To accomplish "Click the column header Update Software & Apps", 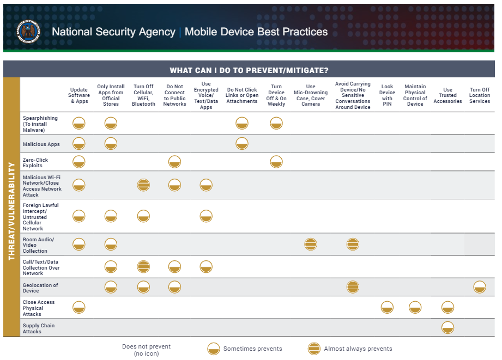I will coord(79,95).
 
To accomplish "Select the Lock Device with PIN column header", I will coord(387,95).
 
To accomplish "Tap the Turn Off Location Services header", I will coord(480,95).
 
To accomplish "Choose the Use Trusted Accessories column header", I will coord(447,95).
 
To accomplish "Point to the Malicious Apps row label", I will coord(41,144).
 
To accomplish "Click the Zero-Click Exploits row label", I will coord(35,162).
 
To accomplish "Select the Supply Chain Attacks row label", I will coord(39,328).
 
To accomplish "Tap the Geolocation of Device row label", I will coord(40,288).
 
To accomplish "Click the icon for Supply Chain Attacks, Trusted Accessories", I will coord(447,328).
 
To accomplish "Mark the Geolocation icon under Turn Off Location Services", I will coord(480,287).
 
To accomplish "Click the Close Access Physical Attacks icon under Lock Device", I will coord(387,308).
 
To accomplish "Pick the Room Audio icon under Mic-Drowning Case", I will coord(311,245).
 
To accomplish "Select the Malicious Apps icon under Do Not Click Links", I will coord(242,144).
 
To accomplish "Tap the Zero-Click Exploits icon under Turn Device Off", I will coord(276,162).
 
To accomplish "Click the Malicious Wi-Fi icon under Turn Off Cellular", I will coord(143,185).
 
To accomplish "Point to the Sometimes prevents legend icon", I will coord(214,349).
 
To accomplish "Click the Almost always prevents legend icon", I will coord(314,349).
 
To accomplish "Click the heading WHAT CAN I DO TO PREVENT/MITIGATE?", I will coord(249,70).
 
